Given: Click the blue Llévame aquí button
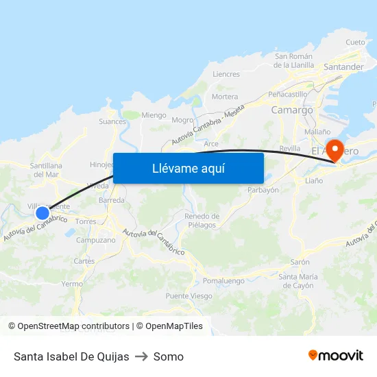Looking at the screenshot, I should click(188, 168).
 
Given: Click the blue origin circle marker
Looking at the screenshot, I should click(42, 213).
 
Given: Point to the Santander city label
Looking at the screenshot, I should click(343, 67).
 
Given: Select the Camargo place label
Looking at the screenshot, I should click(292, 110).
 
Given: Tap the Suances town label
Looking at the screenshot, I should click(112, 122).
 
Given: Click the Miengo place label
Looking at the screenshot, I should click(154, 115).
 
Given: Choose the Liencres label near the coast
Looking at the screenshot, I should click(226, 74).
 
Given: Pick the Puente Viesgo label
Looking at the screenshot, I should click(188, 296).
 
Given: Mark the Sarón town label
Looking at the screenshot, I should click(300, 262).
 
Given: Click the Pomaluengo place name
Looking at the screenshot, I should click(223, 281).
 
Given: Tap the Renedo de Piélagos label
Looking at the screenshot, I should click(201, 221).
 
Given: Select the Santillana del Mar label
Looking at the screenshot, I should click(47, 170).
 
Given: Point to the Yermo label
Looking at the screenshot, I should click(72, 283).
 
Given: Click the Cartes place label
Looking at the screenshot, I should click(84, 261).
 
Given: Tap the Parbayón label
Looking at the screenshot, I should click(263, 190).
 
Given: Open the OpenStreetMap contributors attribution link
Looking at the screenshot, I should click(69, 326).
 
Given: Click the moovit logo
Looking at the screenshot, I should click(335, 356).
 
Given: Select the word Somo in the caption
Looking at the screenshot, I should click(169, 356).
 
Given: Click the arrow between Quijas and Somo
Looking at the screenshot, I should click(141, 356).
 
